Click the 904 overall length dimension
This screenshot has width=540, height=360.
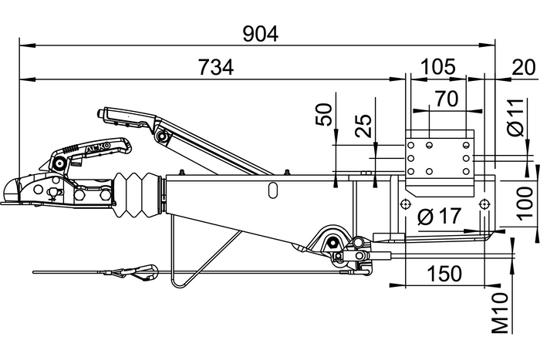pos(260,33)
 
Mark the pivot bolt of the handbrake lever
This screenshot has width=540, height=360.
pos(162,136)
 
